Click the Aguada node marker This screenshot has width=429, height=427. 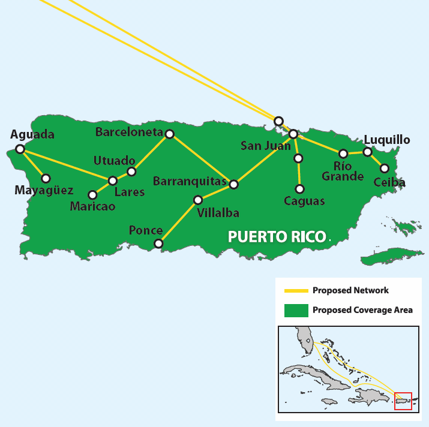click(x=20, y=149)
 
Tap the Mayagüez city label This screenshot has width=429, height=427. click(x=44, y=191)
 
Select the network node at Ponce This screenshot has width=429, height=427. click(x=158, y=243)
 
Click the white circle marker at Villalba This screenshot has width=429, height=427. click(x=198, y=200)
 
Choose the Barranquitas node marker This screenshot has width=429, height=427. click(x=234, y=185)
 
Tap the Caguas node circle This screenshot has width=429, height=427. click(x=300, y=189)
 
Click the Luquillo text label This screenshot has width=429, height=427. click(x=387, y=140)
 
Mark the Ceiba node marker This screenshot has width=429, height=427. click(x=385, y=169)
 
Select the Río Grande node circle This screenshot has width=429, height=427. click(x=343, y=154)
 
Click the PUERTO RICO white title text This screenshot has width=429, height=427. click(x=277, y=236)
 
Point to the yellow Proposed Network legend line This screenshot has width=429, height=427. click(x=295, y=291)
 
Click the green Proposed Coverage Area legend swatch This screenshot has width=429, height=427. click(x=295, y=310)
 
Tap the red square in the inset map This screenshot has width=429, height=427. click(x=403, y=401)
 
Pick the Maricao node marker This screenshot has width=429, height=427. click(x=92, y=195)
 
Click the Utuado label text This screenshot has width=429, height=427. click(x=114, y=161)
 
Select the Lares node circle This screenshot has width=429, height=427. click(x=112, y=181)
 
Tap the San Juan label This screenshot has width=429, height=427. click(x=265, y=146)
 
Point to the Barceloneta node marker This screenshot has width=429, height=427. click(x=170, y=134)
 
